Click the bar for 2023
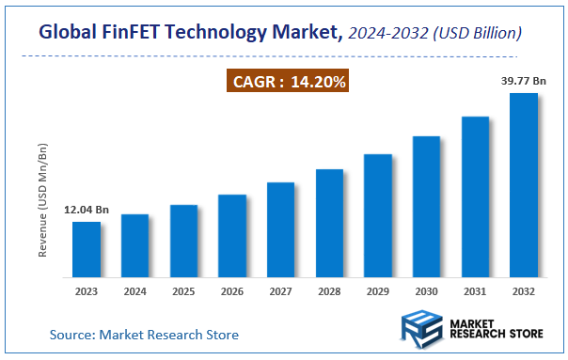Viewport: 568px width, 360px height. click(x=87, y=250)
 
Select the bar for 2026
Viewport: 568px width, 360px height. click(x=232, y=237)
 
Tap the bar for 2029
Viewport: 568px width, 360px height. click(x=378, y=216)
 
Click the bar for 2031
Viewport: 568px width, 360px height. click(x=475, y=197)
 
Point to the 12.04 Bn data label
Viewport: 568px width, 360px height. click(x=87, y=210)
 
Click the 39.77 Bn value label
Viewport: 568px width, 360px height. click(x=524, y=82)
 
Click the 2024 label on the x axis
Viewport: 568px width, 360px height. click(x=135, y=292)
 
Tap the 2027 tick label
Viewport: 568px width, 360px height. click(x=281, y=292)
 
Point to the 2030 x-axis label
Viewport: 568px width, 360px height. click(x=427, y=292)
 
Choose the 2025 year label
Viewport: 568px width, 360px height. click(x=183, y=292)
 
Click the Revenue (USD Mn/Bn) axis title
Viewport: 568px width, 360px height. click(x=43, y=200)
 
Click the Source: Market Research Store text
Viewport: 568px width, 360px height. click(x=144, y=335)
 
